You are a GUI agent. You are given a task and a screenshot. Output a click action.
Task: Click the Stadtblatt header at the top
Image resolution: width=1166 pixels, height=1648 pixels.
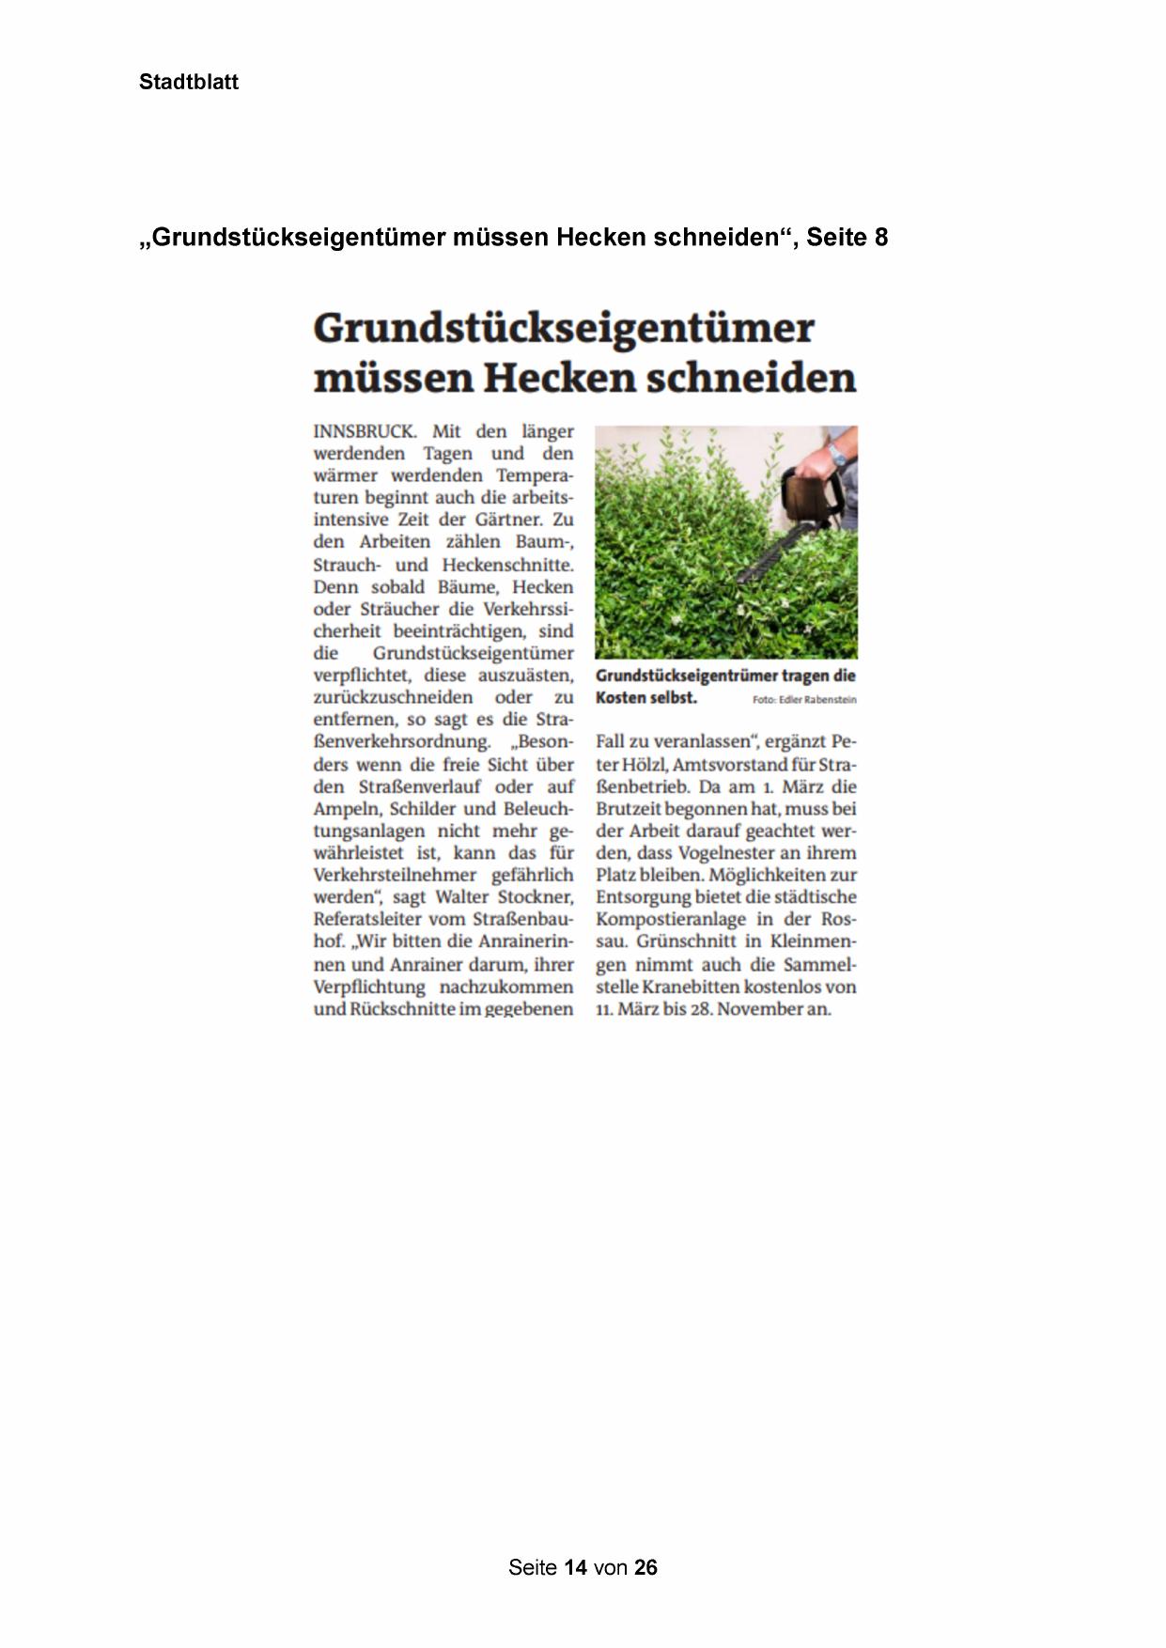coord(188,83)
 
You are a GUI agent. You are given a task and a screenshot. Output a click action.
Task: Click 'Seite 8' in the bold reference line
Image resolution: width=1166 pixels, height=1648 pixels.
coord(847,238)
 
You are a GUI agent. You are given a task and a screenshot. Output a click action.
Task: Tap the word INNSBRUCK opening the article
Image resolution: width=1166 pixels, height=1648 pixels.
coord(364,432)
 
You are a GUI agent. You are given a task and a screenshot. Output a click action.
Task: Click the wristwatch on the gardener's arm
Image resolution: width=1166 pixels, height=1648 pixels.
coord(836,456)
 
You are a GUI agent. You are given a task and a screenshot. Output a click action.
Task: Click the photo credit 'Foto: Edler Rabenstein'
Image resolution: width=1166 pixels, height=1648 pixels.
coord(804,700)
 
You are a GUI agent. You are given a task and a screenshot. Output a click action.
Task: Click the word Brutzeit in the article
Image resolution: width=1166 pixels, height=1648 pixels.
coord(629,809)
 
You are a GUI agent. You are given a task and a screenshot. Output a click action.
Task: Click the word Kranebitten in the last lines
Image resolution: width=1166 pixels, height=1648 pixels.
coord(692,987)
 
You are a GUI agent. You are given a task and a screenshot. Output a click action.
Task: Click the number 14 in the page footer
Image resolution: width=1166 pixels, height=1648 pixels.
coord(576,1567)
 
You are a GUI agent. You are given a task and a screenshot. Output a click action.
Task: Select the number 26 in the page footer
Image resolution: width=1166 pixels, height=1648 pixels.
coord(645,1567)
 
